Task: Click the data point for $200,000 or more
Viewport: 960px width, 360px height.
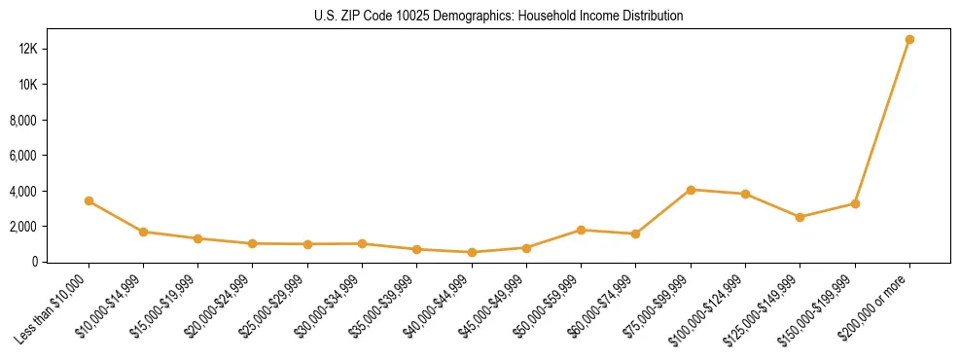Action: pos(909,40)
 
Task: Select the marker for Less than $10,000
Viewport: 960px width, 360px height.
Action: pos(89,201)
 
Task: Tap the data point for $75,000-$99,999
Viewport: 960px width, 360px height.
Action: pos(691,190)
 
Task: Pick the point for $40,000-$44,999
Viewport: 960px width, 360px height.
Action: pos(472,252)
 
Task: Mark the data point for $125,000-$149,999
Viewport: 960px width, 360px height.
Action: pos(800,217)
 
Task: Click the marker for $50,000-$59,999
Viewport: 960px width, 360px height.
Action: pos(581,231)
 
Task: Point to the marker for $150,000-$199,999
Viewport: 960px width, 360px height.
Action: pos(855,203)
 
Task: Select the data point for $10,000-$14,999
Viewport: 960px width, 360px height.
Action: pos(143,232)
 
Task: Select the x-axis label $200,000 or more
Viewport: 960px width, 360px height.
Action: pos(877,302)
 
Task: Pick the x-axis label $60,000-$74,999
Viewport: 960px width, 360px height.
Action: pos(601,307)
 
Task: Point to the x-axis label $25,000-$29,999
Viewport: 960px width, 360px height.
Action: pos(272,307)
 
